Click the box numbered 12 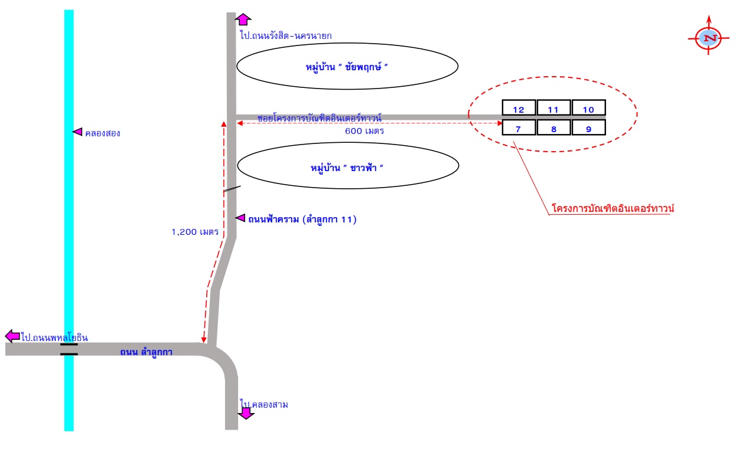point(519,107)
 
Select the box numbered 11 point(553,107)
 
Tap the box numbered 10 point(589,107)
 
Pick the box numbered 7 point(519,127)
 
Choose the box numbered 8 point(553,127)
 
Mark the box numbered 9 point(589,127)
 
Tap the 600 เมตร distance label point(364,131)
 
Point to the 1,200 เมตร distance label point(195,232)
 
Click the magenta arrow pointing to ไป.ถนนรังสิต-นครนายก point(243,19)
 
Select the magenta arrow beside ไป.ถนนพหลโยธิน point(13,336)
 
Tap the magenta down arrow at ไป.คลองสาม point(246,413)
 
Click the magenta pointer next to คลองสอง point(77,132)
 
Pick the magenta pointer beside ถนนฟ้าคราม point(240,218)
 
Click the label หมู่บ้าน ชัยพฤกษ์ point(347,67)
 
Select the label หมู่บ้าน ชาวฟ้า point(347,168)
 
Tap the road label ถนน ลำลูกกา point(146,352)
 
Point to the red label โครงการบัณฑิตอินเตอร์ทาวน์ point(613,208)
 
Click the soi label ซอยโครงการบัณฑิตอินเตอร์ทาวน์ point(320,118)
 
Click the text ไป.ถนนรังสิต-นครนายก point(286,35)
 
